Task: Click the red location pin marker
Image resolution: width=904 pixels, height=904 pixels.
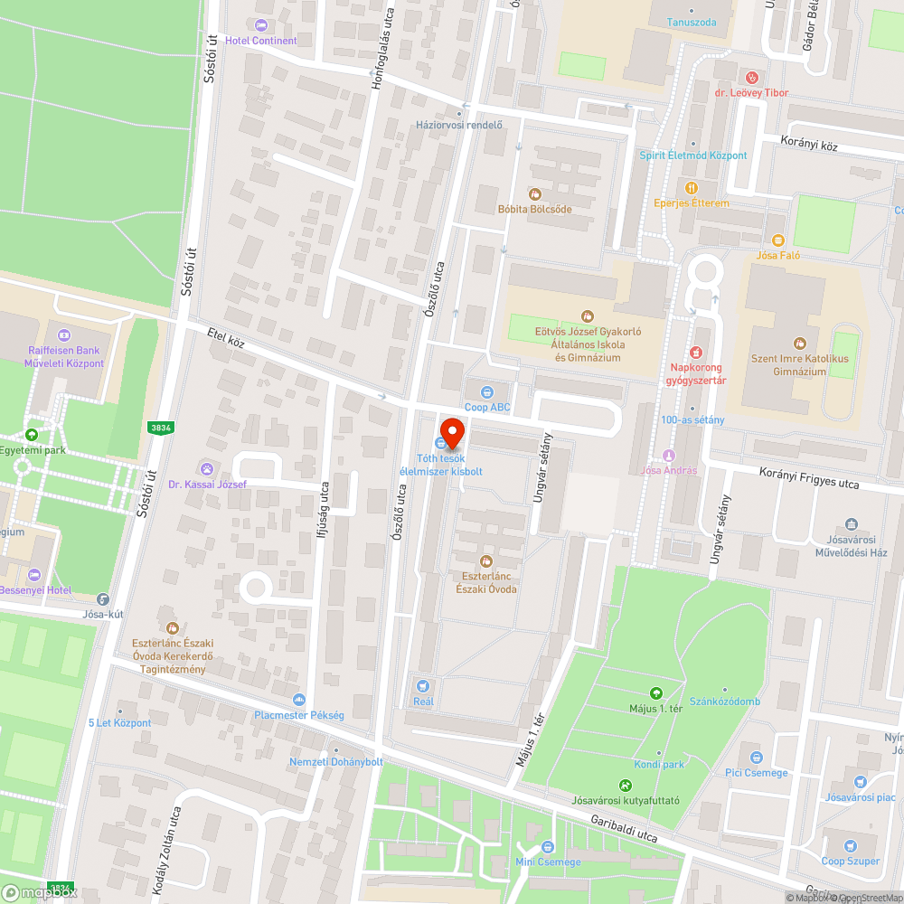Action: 451,432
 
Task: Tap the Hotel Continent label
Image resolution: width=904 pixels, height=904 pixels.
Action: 261,41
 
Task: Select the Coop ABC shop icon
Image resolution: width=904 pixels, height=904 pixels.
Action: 487,392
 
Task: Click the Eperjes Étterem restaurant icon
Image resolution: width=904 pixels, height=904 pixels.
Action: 692,188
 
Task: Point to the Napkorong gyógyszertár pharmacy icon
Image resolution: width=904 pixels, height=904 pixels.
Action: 696,353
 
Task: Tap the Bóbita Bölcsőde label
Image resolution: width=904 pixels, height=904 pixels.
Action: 535,209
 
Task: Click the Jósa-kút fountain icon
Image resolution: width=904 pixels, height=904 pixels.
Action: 102,598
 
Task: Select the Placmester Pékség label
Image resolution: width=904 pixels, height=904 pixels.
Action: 298,715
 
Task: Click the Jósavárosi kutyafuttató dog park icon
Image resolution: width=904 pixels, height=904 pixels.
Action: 625,785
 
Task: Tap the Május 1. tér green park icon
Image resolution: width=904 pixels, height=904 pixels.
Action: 655,693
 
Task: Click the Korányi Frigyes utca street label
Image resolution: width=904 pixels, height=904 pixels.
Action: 808,478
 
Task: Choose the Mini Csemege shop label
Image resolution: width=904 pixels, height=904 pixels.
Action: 548,862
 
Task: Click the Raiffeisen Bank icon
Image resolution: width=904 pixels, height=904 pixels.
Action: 62,335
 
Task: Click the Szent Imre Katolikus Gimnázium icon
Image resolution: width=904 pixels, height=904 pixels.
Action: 799,344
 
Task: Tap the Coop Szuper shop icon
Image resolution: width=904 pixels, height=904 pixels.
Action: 850,846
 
